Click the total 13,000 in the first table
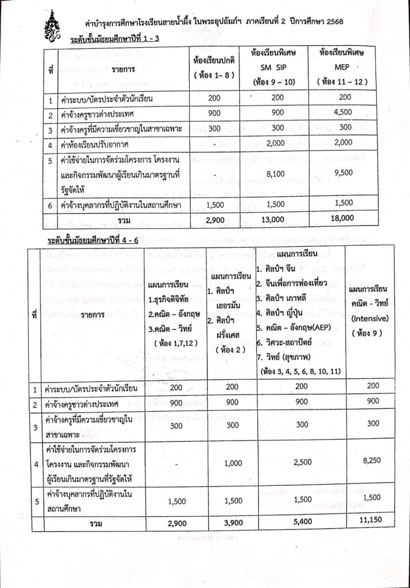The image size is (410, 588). click(272, 219)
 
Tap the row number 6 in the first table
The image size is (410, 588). click(51, 204)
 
